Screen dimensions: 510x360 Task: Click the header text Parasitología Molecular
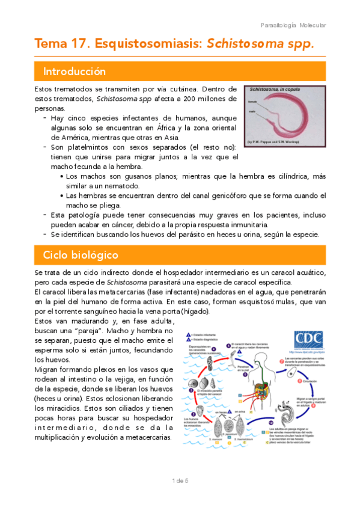pyautogui.click(x=293, y=25)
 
